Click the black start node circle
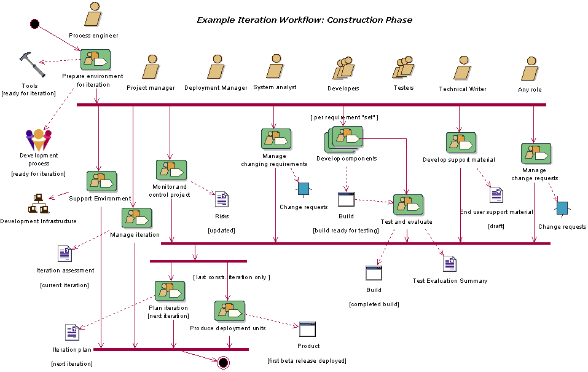pyautogui.click(x=35, y=24)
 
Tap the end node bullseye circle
pyautogui.click(x=223, y=362)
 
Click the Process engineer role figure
pyautogui.click(x=93, y=15)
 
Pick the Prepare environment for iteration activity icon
pyautogui.click(x=95, y=60)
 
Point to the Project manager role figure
pyautogui.click(x=151, y=68)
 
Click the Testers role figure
pyautogui.click(x=404, y=67)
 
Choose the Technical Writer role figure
pyautogui.click(x=462, y=69)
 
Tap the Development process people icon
pyautogui.click(x=39, y=140)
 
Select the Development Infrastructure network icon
pyautogui.click(x=38, y=204)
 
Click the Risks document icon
pyautogui.click(x=222, y=199)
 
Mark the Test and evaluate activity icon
pyautogui.click(x=408, y=205)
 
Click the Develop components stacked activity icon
pyautogui.click(x=344, y=139)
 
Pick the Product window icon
pyautogui.click(x=308, y=329)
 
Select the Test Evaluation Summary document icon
pyautogui.click(x=450, y=264)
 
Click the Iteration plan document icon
pyautogui.click(x=73, y=333)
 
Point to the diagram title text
pyautogui.click(x=304, y=20)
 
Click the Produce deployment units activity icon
pyautogui.click(x=229, y=311)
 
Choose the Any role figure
pyautogui.click(x=530, y=69)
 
